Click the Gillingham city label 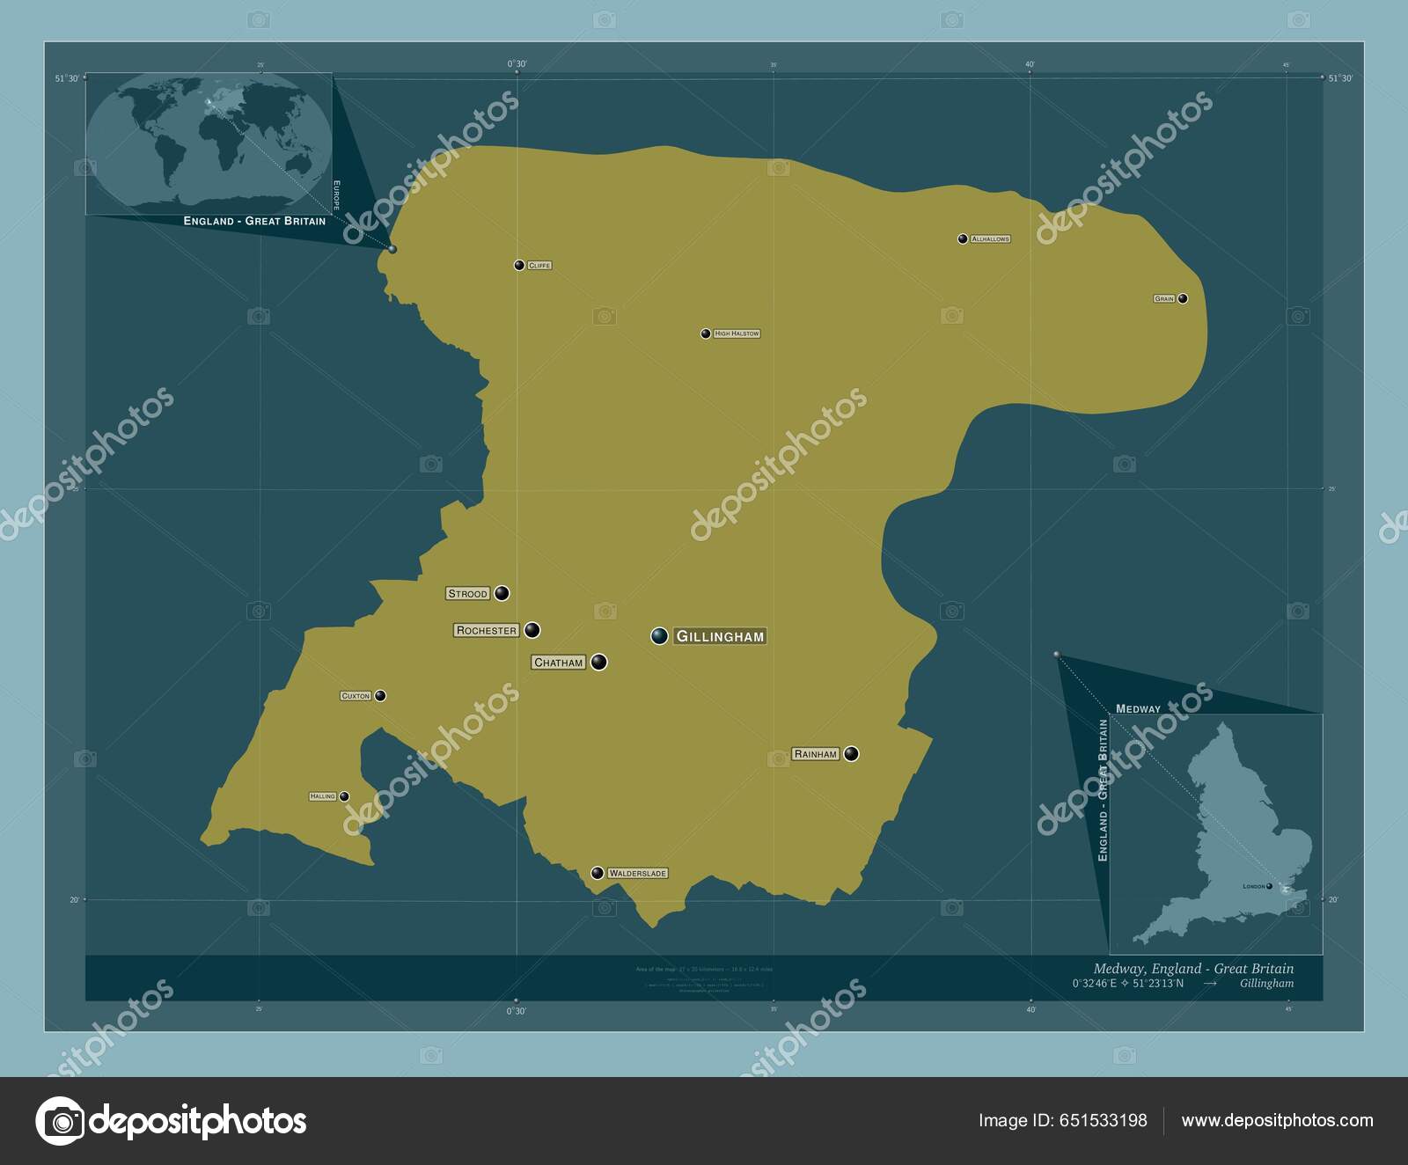720,636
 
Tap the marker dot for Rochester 532,630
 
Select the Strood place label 467,594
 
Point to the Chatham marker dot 599,662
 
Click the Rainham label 816,754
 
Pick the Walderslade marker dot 598,873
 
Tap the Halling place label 323,796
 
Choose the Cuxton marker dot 380,695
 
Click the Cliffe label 539,265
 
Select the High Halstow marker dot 706,333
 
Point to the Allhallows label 990,239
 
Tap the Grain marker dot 1183,298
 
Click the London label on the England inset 1253,886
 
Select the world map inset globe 209,143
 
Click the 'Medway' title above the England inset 1138,708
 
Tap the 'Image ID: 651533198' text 1063,1120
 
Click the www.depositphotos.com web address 1277,1120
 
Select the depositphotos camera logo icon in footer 60,1121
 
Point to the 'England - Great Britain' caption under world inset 254,221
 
